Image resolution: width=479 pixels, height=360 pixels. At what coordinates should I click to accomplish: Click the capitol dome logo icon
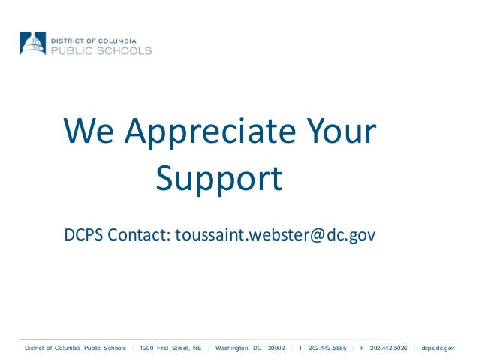coord(33,43)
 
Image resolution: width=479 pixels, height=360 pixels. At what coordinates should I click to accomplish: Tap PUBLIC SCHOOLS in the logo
coord(101,50)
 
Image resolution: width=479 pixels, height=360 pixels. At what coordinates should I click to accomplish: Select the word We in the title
coord(89,132)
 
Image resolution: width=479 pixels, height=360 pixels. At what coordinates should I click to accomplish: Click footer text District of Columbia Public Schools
coord(76,348)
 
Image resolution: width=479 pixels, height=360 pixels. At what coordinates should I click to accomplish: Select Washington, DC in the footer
coord(239,348)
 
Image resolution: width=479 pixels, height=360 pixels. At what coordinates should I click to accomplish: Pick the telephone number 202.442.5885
coord(327,348)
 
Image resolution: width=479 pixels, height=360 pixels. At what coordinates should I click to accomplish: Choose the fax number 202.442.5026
coord(389,348)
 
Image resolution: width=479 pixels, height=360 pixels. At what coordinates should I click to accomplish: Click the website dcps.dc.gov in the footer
coord(438,348)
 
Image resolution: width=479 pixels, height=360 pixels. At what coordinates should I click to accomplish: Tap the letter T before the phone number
coord(300,348)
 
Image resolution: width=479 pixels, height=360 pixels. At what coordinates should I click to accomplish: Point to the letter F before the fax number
coord(362,348)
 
